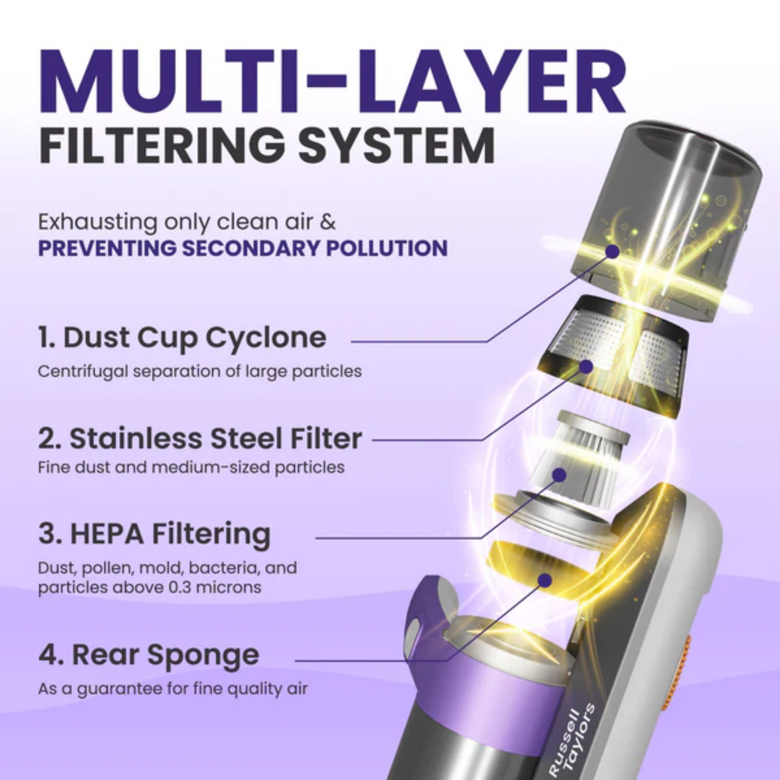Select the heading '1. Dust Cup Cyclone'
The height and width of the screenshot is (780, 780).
[x=182, y=337]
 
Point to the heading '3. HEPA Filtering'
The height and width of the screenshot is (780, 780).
[x=155, y=534]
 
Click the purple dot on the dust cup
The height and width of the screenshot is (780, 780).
[x=613, y=251]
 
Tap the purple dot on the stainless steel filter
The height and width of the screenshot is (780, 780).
[x=586, y=367]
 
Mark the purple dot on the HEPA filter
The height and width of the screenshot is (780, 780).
[x=559, y=475]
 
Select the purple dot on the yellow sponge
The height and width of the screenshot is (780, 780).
[x=545, y=580]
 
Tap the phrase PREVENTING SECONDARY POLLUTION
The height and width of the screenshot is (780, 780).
[x=242, y=248]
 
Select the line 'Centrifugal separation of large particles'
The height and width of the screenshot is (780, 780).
[x=200, y=371]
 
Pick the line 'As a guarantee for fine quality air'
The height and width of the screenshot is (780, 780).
[x=173, y=688]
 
